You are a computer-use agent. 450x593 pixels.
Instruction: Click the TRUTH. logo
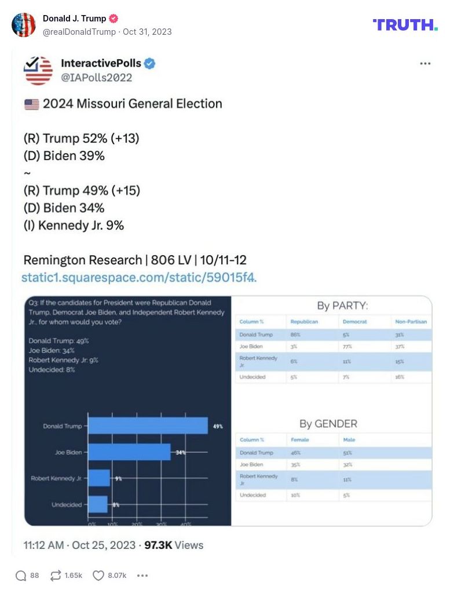(405, 24)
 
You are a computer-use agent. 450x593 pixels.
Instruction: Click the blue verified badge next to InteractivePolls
(149, 64)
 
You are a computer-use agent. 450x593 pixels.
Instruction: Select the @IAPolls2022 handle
(96, 78)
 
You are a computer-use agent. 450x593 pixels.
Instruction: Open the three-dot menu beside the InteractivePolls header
(425, 64)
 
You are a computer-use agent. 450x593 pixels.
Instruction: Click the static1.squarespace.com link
(139, 277)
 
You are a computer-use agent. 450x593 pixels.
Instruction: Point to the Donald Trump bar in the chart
(148, 425)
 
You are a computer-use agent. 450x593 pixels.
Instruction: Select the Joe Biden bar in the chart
(129, 452)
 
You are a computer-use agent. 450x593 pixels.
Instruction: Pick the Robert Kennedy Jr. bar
(99, 478)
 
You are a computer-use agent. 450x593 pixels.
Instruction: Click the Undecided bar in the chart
(98, 504)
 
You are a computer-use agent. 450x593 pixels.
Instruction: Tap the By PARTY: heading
(342, 305)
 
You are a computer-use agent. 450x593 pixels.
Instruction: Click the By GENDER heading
(328, 424)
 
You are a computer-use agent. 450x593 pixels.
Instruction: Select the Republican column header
(304, 321)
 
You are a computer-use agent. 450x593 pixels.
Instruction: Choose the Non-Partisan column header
(411, 321)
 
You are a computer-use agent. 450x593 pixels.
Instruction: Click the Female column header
(299, 440)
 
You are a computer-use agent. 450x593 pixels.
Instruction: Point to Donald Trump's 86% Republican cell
(295, 334)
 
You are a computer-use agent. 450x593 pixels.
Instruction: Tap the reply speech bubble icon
(21, 576)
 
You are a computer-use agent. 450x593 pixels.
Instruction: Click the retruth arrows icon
(56, 576)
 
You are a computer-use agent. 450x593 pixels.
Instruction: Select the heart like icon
(98, 576)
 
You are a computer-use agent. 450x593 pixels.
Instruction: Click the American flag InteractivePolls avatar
(38, 70)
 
